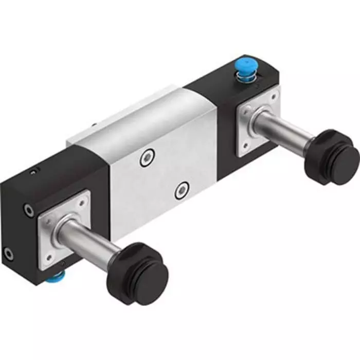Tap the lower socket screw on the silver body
pos(181,191)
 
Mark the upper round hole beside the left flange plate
pos(29,210)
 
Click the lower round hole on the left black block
pos(9,253)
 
